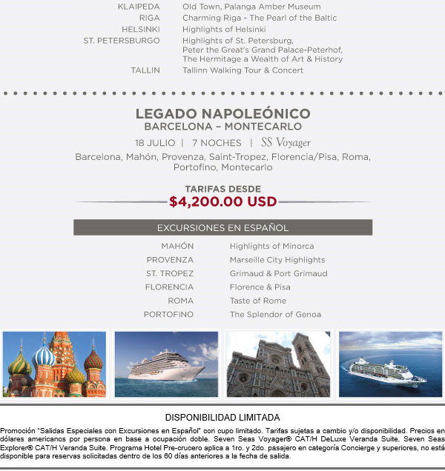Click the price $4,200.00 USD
[x=222, y=201]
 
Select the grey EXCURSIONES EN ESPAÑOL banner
[x=222, y=227]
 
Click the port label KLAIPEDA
[x=139, y=7]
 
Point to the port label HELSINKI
[x=141, y=29]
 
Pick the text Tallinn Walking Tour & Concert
[x=243, y=70]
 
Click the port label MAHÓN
[x=177, y=246]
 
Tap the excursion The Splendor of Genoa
[x=275, y=315]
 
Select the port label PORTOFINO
[x=168, y=315]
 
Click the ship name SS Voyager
[x=286, y=142]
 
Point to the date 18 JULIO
[x=155, y=142]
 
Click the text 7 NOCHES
[x=216, y=142]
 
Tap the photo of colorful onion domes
[x=53, y=364]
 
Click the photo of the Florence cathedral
[x=278, y=364]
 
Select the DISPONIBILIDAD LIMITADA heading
[x=222, y=418]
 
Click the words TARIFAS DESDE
[x=222, y=189]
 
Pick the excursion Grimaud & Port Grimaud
[x=278, y=273]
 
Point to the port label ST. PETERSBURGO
[x=122, y=40]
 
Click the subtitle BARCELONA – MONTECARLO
[x=222, y=127]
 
